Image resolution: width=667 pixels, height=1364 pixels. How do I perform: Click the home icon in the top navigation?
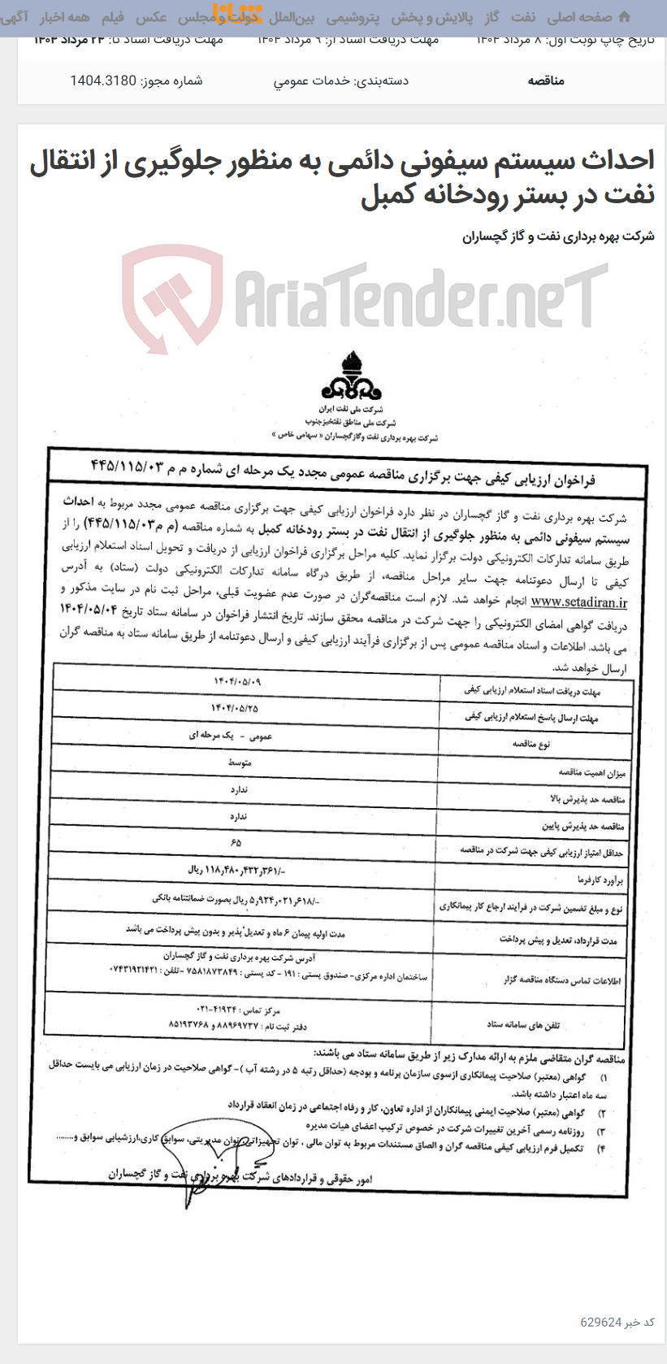(x=624, y=16)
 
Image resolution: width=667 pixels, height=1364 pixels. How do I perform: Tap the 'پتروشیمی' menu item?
(x=352, y=17)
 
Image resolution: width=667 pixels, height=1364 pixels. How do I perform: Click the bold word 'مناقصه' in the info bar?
(x=546, y=80)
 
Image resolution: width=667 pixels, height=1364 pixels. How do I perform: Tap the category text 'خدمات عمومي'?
(x=340, y=80)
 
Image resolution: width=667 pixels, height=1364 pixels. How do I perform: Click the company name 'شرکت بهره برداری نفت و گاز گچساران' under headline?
(x=558, y=237)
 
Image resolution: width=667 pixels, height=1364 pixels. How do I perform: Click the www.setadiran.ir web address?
(x=578, y=602)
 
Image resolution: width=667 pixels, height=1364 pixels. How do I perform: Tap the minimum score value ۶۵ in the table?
(x=236, y=842)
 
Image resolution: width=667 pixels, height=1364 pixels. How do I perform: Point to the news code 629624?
(x=601, y=1322)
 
